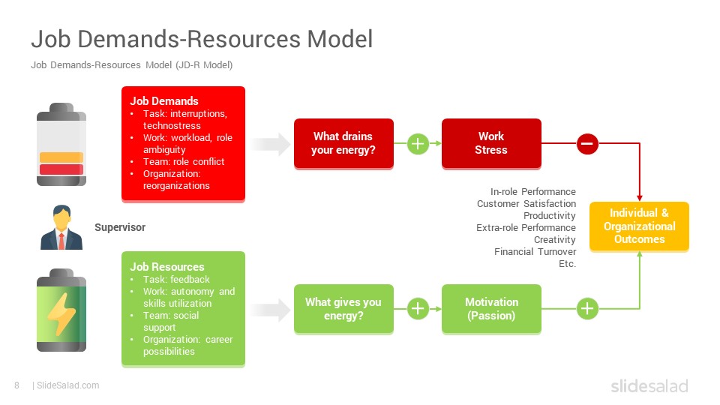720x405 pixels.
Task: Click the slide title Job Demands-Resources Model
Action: click(x=201, y=39)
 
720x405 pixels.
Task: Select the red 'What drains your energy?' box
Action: click(x=343, y=143)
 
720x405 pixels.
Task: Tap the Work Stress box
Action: click(x=491, y=143)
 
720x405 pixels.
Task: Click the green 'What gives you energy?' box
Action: click(x=343, y=308)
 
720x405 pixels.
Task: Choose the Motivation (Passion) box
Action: click(x=491, y=308)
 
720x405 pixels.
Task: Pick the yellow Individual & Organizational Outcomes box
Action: click(x=639, y=226)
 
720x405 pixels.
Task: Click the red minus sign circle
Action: click(x=587, y=143)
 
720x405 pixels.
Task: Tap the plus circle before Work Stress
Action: click(x=418, y=143)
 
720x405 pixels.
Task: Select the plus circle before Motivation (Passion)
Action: click(x=418, y=308)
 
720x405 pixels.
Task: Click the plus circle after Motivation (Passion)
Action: click(x=587, y=308)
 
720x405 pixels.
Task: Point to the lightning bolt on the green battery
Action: click(x=60, y=313)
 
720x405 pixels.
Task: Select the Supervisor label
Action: click(x=120, y=227)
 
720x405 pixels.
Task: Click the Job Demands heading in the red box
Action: click(x=164, y=101)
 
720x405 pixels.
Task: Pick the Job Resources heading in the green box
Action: click(x=167, y=267)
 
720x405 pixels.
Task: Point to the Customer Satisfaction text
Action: click(x=526, y=204)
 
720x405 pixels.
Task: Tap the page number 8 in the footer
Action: click(x=16, y=385)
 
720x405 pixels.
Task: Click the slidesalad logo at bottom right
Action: click(x=649, y=386)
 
